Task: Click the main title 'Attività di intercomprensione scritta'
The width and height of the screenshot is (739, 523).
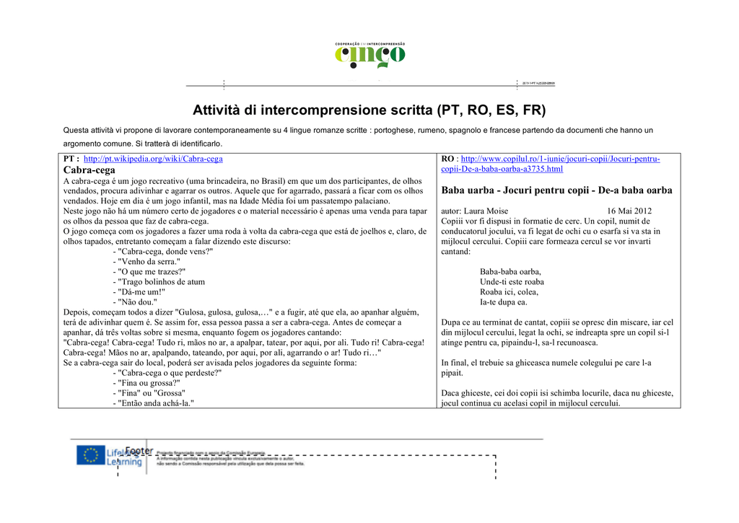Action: click(x=369, y=110)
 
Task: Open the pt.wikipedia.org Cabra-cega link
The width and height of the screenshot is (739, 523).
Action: click(x=153, y=159)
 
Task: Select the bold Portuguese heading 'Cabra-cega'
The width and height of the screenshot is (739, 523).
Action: click(x=89, y=170)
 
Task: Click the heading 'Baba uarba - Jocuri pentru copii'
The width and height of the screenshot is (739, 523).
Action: click(x=556, y=190)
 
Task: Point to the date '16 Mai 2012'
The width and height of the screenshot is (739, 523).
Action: click(x=631, y=211)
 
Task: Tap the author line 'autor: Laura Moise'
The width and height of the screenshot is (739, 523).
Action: click(x=474, y=211)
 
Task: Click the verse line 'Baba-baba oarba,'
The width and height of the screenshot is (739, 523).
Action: click(x=510, y=272)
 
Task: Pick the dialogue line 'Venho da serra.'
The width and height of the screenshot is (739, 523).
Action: click(x=149, y=262)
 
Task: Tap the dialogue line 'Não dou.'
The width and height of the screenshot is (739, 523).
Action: click(x=137, y=302)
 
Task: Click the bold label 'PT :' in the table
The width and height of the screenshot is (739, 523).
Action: click(x=71, y=159)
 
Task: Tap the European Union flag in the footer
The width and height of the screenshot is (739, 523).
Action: click(x=90, y=456)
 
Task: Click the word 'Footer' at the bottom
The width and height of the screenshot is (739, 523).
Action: click(x=139, y=451)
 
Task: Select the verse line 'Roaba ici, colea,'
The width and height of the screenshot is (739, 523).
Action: click(x=509, y=292)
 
